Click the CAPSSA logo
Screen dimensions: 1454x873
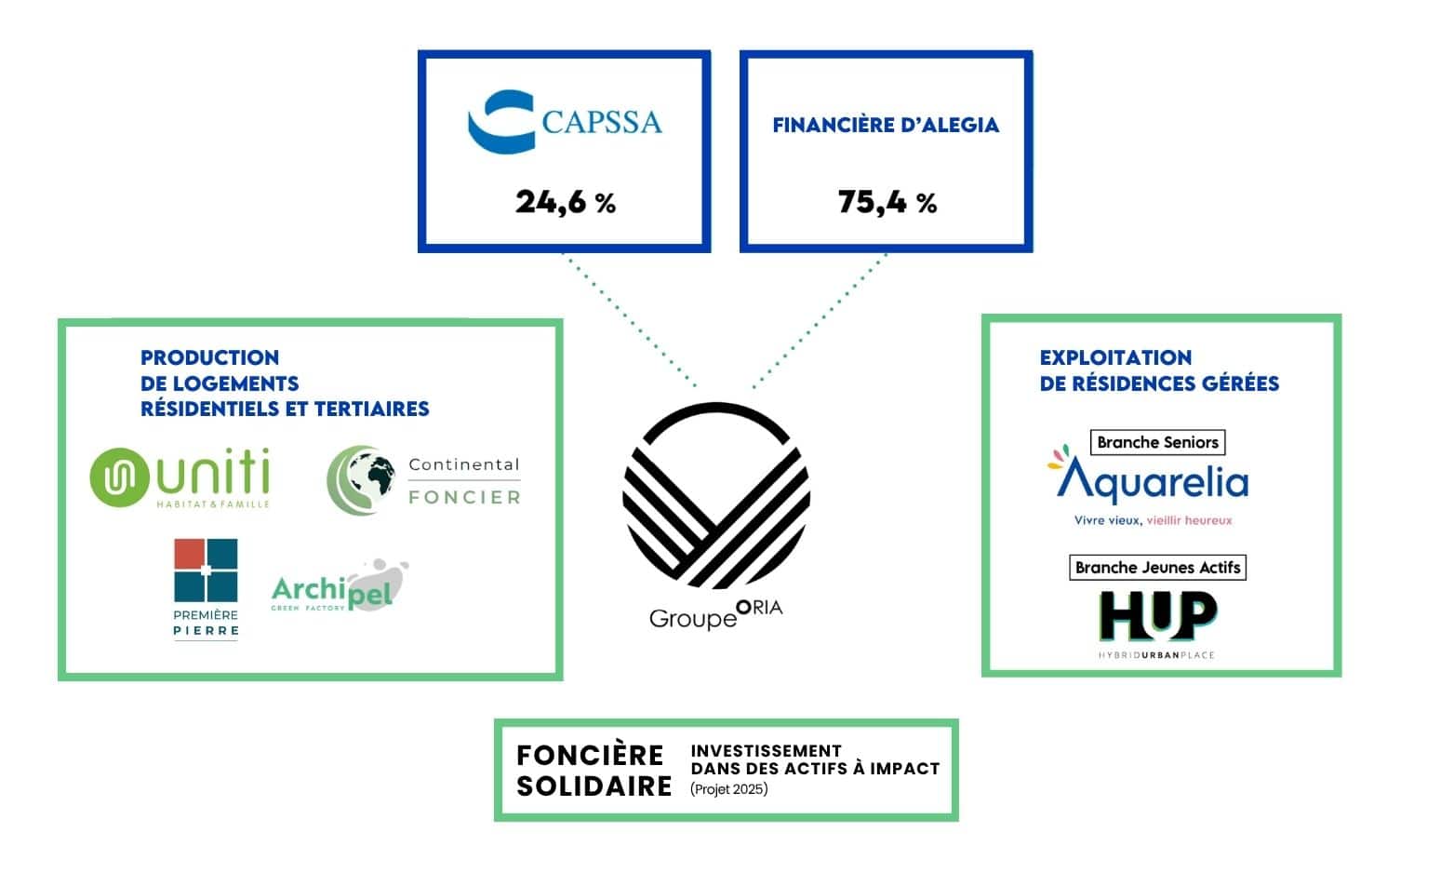565,122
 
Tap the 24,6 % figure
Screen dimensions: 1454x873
566,202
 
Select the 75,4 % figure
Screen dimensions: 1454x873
887,202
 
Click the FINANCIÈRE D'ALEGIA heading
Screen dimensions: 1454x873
886,125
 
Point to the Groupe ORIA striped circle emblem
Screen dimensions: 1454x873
716,496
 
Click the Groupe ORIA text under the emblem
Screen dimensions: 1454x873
716,614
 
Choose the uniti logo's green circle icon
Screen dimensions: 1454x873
119,477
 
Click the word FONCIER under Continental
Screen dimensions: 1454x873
464,498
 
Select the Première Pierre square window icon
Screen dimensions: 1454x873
206,571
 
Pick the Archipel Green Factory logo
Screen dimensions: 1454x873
340,586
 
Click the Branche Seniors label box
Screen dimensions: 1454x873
1157,442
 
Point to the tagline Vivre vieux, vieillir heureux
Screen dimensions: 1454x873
1153,520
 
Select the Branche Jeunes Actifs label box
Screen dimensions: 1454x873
1157,568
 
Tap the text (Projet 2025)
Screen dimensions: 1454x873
729,789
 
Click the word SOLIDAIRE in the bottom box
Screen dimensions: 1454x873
594,786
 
